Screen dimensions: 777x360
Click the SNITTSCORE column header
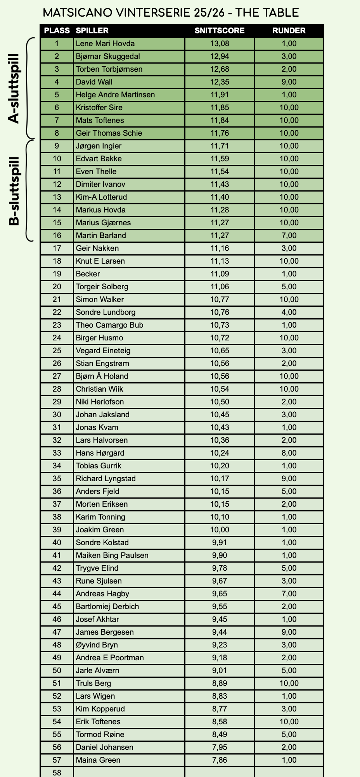pyautogui.click(x=220, y=31)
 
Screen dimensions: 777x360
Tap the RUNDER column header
pyautogui.click(x=289, y=31)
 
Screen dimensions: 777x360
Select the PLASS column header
pyautogui.click(x=57, y=31)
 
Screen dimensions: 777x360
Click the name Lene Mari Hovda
pyautogui.click(x=105, y=43)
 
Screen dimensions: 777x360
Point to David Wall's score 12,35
pyautogui.click(x=220, y=82)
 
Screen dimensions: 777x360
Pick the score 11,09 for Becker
pyautogui.click(x=220, y=274)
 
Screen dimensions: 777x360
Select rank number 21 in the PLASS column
pyautogui.click(x=57, y=299)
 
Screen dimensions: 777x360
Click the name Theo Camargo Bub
pyautogui.click(x=109, y=325)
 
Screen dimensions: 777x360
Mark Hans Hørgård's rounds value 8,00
pyautogui.click(x=289, y=453)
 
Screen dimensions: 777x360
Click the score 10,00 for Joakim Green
pyautogui.click(x=220, y=530)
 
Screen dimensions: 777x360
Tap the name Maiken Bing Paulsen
pyautogui.click(x=112, y=555)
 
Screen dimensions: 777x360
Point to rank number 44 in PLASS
pyautogui.click(x=57, y=594)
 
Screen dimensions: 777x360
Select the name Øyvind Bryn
pyautogui.click(x=97, y=645)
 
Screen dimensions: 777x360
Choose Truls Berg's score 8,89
pyautogui.click(x=220, y=683)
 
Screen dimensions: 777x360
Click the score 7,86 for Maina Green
pyautogui.click(x=220, y=760)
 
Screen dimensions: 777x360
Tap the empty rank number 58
pyautogui.click(x=57, y=772)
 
